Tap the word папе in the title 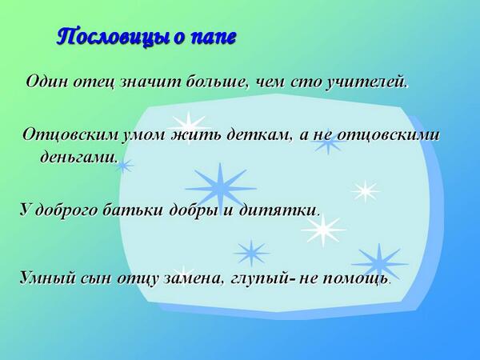pyautogui.click(x=212, y=38)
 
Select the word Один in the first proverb pyautogui.click(x=47, y=82)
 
